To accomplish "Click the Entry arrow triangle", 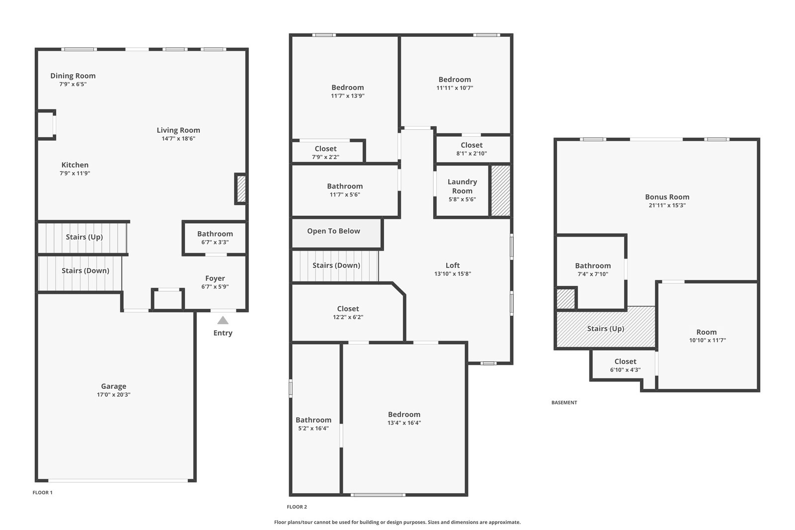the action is [x=223, y=320].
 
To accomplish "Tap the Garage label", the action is [x=114, y=386].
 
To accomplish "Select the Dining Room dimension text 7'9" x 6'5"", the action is [x=73, y=84].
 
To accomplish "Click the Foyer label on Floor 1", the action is [x=215, y=278].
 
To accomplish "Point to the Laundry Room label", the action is [x=462, y=186].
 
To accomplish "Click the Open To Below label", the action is [x=333, y=231].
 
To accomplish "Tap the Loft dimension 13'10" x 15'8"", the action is [x=453, y=274].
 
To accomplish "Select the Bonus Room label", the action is [x=667, y=197].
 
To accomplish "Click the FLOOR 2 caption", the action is [x=297, y=507].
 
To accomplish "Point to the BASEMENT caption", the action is [x=564, y=403].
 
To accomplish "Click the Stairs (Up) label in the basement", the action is [x=606, y=329].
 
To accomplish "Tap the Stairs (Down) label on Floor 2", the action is [x=336, y=265].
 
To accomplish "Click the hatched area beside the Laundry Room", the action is [x=500, y=190].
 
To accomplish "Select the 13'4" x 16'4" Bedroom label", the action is [x=404, y=419].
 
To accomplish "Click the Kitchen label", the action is [x=75, y=165].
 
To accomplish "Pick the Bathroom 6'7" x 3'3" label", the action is [x=215, y=238].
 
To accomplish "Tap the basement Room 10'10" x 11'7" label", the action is [x=708, y=336].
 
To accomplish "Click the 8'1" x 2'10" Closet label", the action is [x=472, y=149].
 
